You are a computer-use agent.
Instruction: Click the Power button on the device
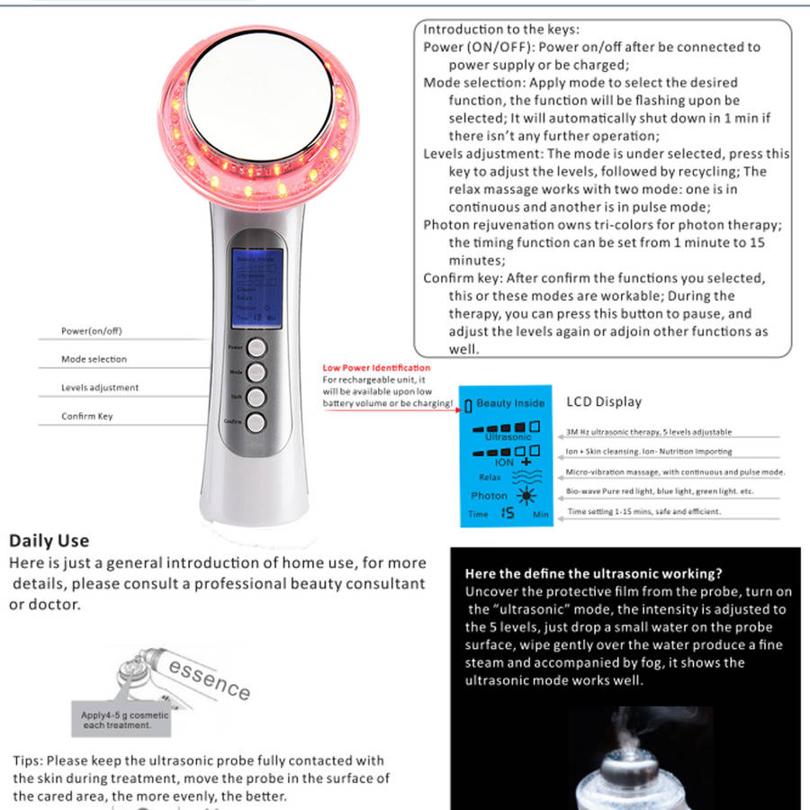[x=256, y=347]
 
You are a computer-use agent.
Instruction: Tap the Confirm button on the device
[x=256, y=421]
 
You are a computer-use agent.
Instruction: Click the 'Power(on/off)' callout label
[x=91, y=331]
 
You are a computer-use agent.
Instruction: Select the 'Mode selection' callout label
[x=94, y=359]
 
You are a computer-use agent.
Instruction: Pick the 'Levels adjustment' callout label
[x=100, y=388]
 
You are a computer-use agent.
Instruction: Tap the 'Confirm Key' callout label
[x=87, y=417]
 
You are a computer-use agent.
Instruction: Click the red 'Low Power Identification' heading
[x=376, y=368]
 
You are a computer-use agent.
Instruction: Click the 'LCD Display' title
[x=604, y=401]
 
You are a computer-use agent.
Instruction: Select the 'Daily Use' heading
[x=49, y=541]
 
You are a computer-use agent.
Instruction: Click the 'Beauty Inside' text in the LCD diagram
[x=510, y=404]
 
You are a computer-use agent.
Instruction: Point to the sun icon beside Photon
[x=525, y=496]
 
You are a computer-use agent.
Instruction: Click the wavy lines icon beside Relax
[x=524, y=477]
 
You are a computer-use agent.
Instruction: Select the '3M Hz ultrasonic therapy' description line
[x=649, y=433]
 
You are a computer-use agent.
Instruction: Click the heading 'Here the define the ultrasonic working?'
[x=594, y=573]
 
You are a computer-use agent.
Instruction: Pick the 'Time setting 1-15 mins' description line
[x=643, y=511]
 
